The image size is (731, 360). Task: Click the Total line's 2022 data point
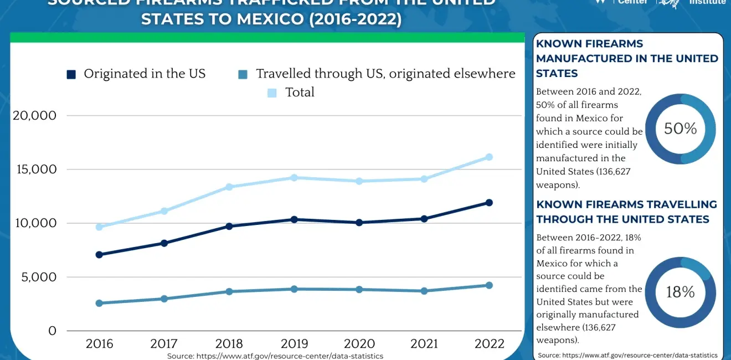tap(489, 157)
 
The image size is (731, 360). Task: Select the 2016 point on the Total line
tap(99, 227)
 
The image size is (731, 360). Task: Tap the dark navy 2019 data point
tap(294, 220)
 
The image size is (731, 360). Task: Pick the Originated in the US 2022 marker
tap(489, 203)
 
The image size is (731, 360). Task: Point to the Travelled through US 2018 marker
tap(229, 291)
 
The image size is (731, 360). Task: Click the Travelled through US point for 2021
tap(424, 291)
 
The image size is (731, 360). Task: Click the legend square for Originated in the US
tap(71, 74)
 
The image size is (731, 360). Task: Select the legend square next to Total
tap(272, 92)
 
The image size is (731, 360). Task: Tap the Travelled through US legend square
tap(243, 74)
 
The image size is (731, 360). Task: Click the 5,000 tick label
tap(39, 277)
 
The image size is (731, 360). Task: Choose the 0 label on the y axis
tap(52, 331)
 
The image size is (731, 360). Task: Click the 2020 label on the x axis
tap(359, 344)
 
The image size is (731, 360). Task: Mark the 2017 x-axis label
tap(164, 344)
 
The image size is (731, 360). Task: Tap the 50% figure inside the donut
tap(681, 129)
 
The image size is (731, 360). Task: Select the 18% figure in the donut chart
tap(681, 292)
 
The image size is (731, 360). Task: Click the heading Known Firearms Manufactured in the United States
tap(627, 59)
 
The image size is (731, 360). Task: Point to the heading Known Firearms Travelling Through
tap(626, 212)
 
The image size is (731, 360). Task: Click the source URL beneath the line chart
tap(275, 356)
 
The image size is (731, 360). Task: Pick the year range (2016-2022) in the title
tap(354, 19)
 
